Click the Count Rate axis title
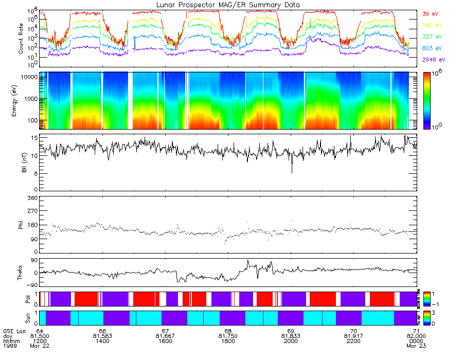pyautogui.click(x=21, y=39)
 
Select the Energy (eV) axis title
pyautogui.click(x=21, y=100)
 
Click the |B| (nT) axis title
pyautogui.click(x=24, y=162)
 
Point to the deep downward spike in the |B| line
pyautogui.click(x=292, y=172)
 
